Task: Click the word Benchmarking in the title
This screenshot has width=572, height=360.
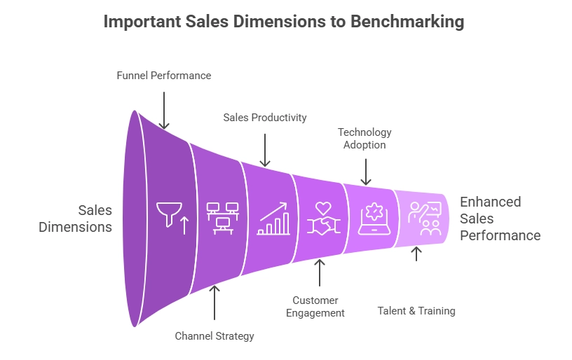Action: point(407,22)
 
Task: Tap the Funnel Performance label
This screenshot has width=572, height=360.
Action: point(164,76)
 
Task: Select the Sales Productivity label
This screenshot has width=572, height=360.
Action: point(265,118)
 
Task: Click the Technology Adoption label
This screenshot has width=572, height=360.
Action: point(365,139)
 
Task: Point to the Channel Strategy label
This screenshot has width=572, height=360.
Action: point(214,335)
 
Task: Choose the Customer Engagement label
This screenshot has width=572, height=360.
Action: point(315,307)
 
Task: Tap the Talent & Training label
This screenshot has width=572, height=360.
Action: point(416,311)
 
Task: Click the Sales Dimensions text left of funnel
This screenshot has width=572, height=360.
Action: point(76,219)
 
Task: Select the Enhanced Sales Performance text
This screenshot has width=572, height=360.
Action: point(500,219)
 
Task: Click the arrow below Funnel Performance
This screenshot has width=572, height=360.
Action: point(164,111)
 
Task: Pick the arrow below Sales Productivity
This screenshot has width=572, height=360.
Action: point(265,150)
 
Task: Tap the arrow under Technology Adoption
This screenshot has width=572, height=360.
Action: point(366,172)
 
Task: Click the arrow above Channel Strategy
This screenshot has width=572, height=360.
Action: point(214,303)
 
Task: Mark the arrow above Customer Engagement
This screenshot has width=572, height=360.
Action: point(320,272)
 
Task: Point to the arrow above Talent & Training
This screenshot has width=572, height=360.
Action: point(416,254)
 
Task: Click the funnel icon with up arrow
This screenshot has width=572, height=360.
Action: point(172,219)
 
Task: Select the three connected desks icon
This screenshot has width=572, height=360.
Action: point(222,219)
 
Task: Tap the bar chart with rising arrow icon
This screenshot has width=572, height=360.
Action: point(273,219)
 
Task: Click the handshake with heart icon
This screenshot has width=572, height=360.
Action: point(324,219)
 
